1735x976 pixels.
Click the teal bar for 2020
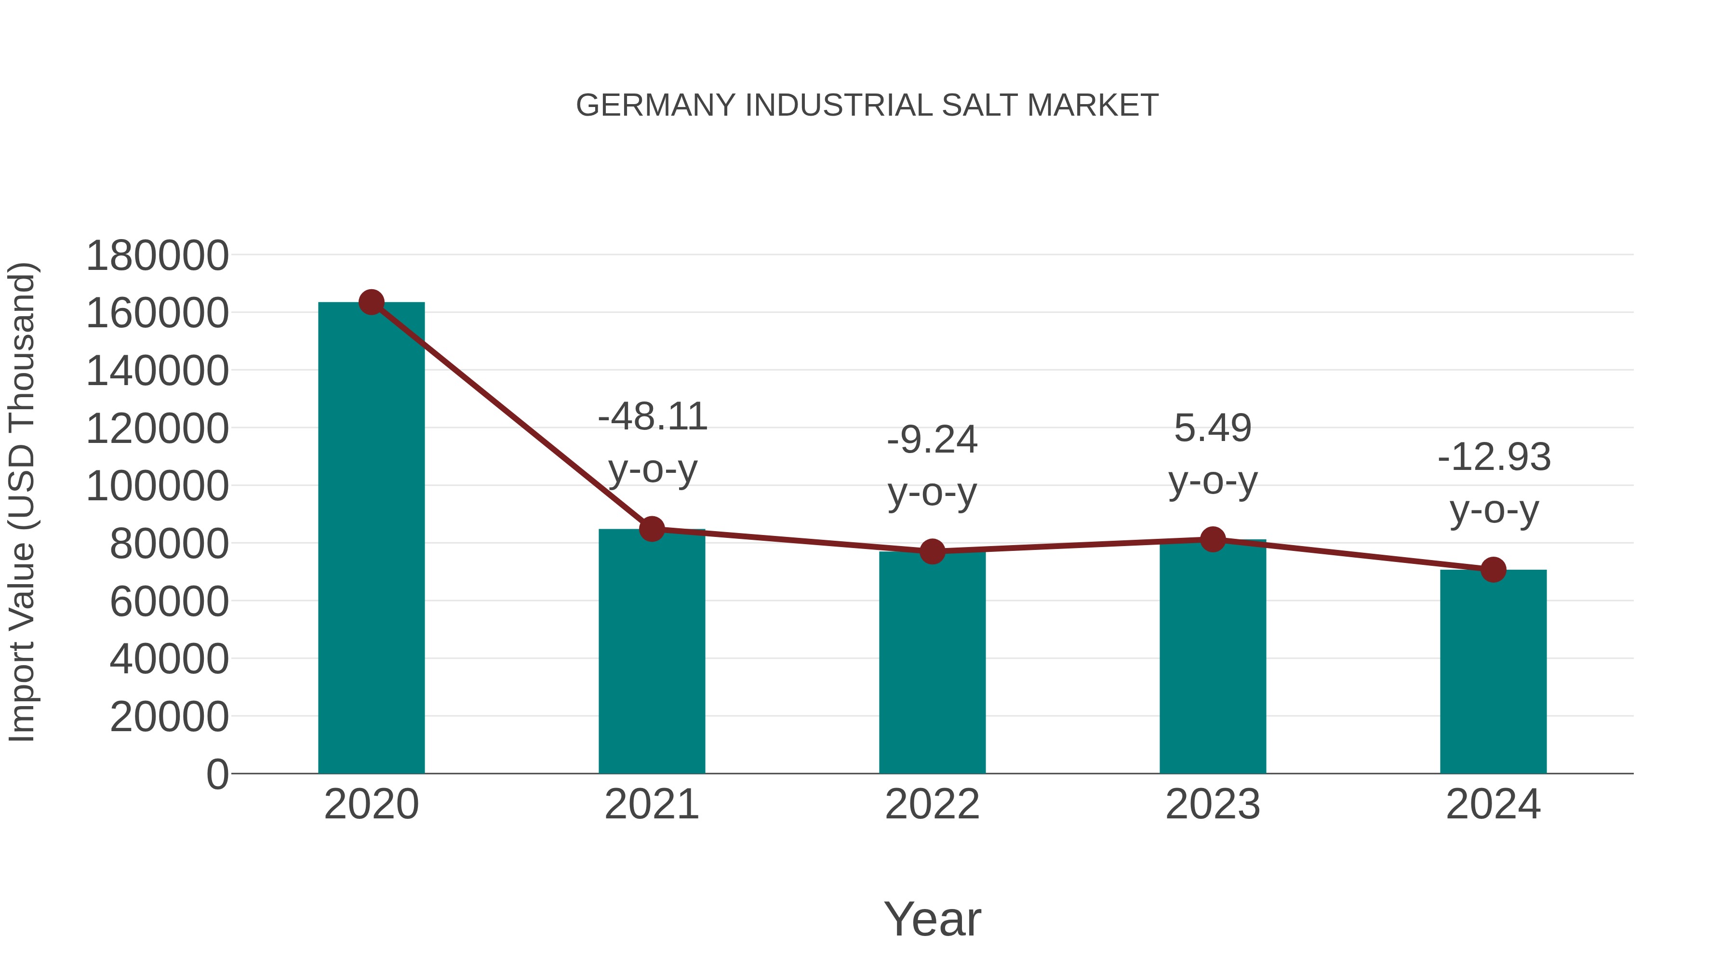[x=371, y=539]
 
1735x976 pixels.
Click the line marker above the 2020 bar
[x=371, y=302]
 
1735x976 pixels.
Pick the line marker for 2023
[x=1213, y=539]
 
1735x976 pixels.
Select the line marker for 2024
[x=1493, y=570]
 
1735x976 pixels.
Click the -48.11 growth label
[x=652, y=417]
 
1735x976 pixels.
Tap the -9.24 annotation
[x=932, y=441]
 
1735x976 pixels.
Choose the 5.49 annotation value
[x=1213, y=428]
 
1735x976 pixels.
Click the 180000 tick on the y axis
[x=157, y=256]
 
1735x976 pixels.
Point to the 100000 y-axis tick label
[x=157, y=486]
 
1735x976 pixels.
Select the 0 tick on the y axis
[x=217, y=775]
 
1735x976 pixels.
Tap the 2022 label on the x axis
[x=932, y=804]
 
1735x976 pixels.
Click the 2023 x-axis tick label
[x=1213, y=804]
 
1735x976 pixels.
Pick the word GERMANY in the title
[x=655, y=106]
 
